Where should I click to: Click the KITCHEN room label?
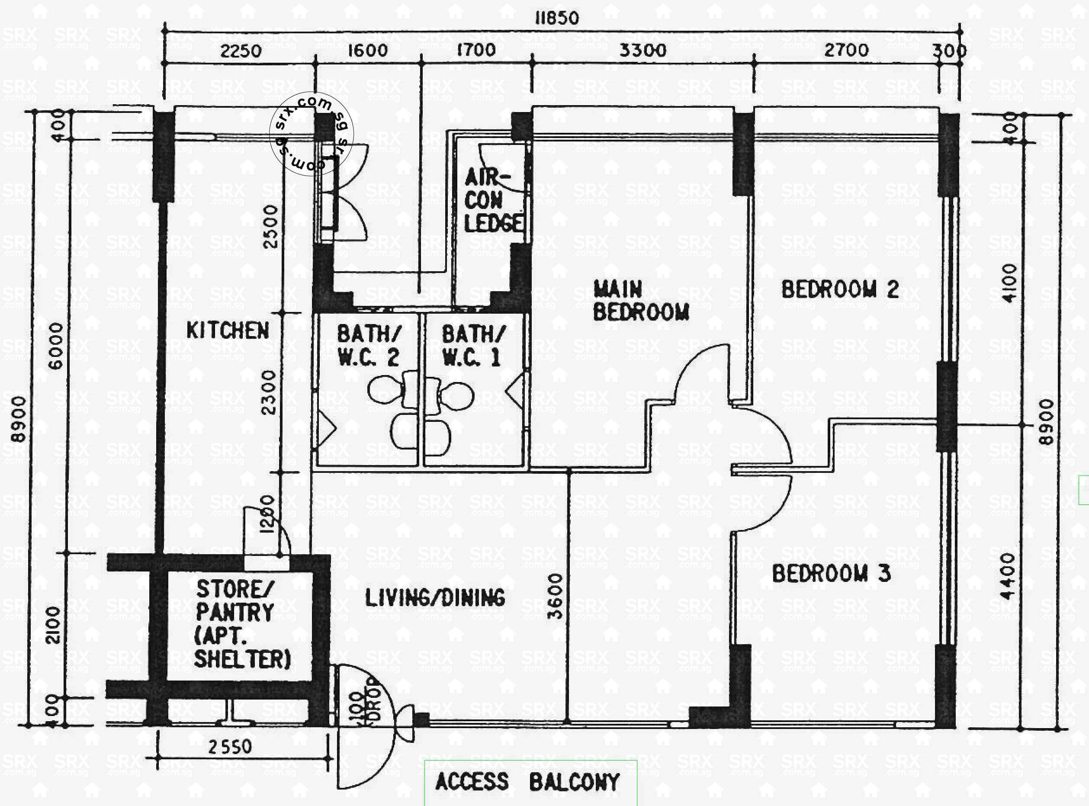click(x=228, y=331)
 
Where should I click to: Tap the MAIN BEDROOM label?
click(x=641, y=301)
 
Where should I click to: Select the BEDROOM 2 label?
click(x=840, y=289)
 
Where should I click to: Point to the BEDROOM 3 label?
click(x=831, y=573)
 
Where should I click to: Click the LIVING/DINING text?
click(x=435, y=597)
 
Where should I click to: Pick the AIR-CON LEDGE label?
click(x=493, y=200)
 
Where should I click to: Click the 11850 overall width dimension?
click(x=557, y=19)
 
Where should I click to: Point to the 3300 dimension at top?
click(x=642, y=50)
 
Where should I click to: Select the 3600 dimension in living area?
click(x=555, y=596)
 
